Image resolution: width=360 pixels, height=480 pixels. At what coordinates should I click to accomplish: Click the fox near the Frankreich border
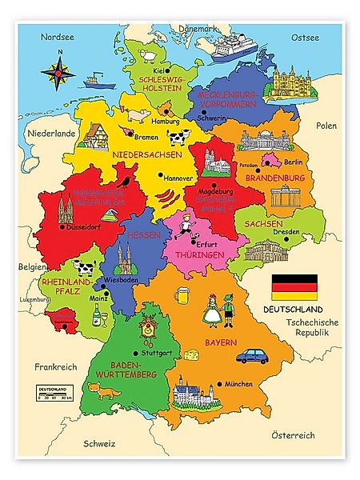tap(102, 391)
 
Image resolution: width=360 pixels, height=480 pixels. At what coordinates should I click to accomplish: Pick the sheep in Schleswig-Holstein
tap(147, 56)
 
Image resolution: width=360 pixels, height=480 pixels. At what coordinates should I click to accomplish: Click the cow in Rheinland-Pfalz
tap(82, 265)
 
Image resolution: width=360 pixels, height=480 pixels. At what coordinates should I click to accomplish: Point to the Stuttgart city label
tap(159, 352)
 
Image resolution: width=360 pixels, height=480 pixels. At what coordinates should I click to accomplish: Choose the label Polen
tap(326, 126)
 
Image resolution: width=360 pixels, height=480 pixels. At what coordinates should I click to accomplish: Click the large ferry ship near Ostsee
tap(233, 47)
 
